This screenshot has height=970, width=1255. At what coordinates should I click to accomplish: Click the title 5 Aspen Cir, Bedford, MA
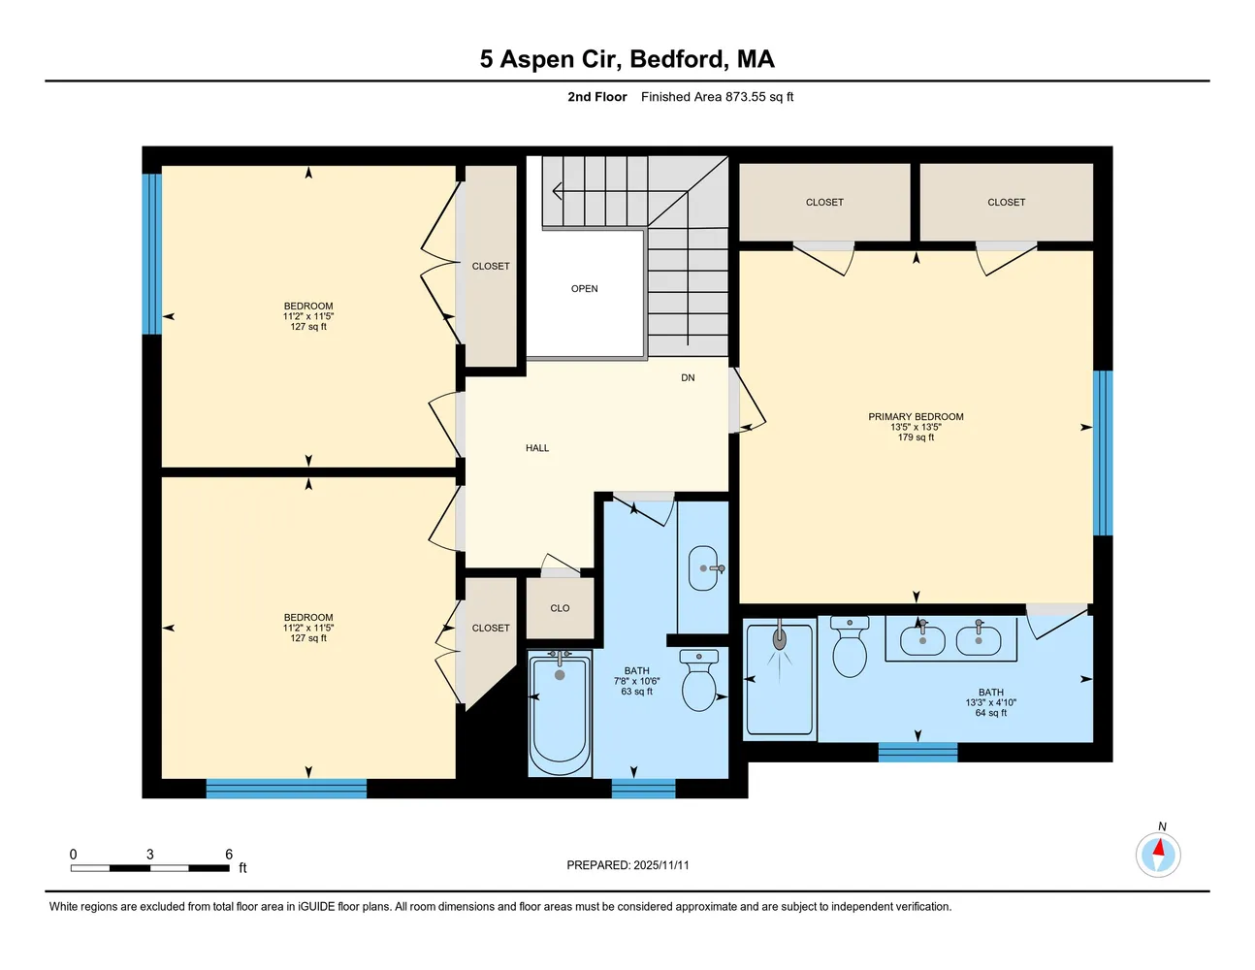pyautogui.click(x=627, y=59)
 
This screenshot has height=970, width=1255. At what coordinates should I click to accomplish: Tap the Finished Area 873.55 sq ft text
pyautogui.click(x=717, y=97)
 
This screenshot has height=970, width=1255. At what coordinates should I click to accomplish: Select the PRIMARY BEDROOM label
pyautogui.click(x=916, y=417)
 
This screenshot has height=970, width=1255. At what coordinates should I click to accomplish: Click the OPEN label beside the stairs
pyautogui.click(x=584, y=289)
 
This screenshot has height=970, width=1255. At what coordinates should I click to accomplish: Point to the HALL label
pyautogui.click(x=537, y=448)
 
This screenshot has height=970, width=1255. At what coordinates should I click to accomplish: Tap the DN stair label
pyautogui.click(x=688, y=378)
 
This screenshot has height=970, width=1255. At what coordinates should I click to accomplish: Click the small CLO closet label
pyautogui.click(x=560, y=608)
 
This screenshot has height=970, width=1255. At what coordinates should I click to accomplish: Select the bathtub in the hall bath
pyautogui.click(x=560, y=713)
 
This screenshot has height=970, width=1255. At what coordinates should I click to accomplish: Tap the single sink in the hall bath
pyautogui.click(x=703, y=568)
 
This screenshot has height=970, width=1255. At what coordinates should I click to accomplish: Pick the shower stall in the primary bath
pyautogui.click(x=780, y=679)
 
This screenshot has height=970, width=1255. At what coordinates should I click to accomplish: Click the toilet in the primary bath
pyautogui.click(x=850, y=647)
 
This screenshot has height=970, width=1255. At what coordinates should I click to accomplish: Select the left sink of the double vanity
pyautogui.click(x=922, y=639)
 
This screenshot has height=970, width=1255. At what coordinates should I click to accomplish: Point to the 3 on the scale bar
pyautogui.click(x=149, y=855)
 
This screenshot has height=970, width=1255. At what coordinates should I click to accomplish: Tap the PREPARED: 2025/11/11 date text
pyautogui.click(x=627, y=865)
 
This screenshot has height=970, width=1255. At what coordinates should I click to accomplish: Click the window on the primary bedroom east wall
pyautogui.click(x=1103, y=453)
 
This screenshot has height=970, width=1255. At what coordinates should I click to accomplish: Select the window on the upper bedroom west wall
pyautogui.click(x=151, y=254)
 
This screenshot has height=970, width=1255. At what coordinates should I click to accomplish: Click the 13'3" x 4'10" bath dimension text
pyautogui.click(x=990, y=703)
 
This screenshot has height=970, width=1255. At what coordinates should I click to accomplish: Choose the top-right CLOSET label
pyautogui.click(x=1006, y=203)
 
